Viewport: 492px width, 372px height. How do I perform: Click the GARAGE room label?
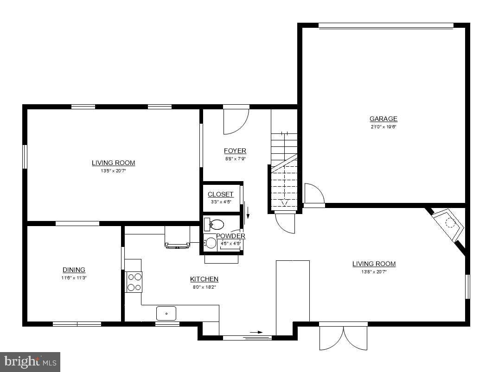coord(383,119)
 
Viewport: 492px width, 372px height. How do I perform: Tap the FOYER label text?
coord(235,151)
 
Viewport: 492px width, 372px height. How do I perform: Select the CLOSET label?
coord(220,195)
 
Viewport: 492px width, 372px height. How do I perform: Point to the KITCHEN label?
coord(204,279)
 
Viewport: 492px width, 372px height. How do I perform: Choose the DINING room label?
coord(74,270)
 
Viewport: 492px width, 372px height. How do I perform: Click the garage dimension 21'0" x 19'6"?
coord(383,126)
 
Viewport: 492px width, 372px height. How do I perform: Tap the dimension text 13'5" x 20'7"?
coord(113,170)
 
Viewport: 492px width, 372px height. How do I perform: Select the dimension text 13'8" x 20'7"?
coord(374,272)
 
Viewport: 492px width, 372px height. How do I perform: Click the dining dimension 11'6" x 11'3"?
coord(74,277)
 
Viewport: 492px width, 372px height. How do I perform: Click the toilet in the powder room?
coord(214,225)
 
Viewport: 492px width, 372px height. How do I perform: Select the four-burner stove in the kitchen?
coord(134,282)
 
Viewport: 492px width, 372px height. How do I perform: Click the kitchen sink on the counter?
coord(166,314)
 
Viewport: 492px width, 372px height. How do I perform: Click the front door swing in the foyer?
coord(236,120)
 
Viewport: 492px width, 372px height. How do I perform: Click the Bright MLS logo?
coord(30,361)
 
